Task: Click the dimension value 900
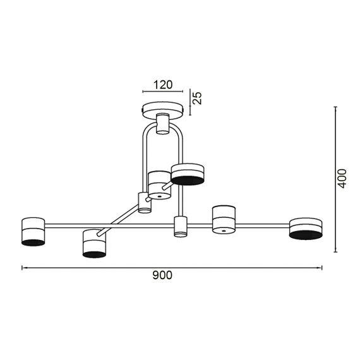162,275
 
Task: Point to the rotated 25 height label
197,98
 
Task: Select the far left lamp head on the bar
33,231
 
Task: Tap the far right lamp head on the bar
306,228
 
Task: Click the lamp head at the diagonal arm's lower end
94,243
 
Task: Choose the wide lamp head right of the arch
188,174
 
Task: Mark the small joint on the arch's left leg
145,203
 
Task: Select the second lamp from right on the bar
224,220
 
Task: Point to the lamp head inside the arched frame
159,185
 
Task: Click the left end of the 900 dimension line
23,268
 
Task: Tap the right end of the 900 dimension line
322,268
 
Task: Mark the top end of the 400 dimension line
335,108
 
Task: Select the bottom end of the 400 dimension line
335,252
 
